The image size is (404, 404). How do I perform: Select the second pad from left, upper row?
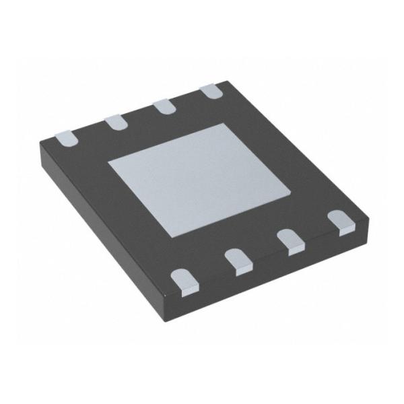(115, 121)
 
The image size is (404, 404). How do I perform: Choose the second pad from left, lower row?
(238, 260)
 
